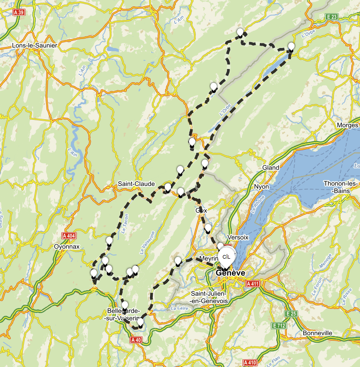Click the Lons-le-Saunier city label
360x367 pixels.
[34, 46]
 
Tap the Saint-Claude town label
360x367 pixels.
[136, 184]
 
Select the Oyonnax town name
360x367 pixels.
[67, 246]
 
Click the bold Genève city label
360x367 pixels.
[231, 273]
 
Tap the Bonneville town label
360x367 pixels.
[317, 333]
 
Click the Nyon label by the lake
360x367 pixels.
[262, 187]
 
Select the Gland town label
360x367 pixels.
[270, 168]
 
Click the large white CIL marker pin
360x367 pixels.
[226, 257]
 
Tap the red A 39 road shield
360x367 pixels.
[19, 13]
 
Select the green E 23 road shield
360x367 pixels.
[332, 16]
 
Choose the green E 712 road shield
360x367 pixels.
[279, 325]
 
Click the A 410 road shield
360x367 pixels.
[250, 363]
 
